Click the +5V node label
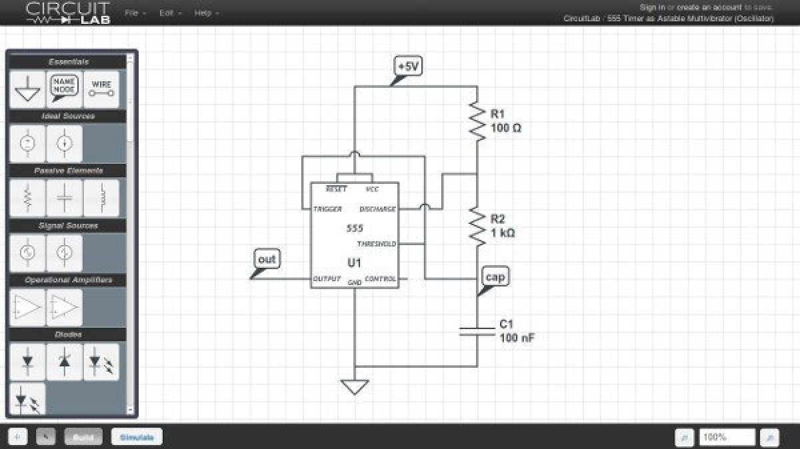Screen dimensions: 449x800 (x=408, y=67)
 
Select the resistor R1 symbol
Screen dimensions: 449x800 (x=477, y=121)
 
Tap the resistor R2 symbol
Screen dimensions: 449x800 (x=477, y=226)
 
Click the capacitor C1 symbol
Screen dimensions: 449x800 (x=477, y=331)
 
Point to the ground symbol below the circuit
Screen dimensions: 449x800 (x=355, y=386)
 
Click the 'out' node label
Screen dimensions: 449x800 (x=267, y=259)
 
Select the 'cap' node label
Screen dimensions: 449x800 (x=495, y=277)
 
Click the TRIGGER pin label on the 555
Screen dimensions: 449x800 (x=327, y=209)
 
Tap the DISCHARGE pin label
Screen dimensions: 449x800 (x=377, y=209)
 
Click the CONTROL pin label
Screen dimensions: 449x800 (x=380, y=278)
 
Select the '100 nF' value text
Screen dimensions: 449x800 (x=517, y=338)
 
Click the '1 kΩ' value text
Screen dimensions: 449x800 (x=503, y=233)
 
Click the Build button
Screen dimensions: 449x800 (x=83, y=438)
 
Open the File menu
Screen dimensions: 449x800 (x=135, y=13)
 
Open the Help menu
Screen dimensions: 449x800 (x=206, y=13)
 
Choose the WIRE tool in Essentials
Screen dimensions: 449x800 (x=101, y=89)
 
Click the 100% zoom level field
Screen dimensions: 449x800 (x=727, y=438)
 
